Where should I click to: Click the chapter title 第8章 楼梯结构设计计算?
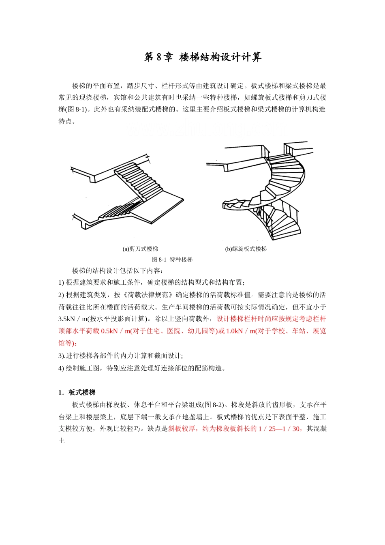point(203,57)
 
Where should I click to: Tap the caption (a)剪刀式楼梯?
point(140,249)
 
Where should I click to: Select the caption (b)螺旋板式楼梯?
point(246,249)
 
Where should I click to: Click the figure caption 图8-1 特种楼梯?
point(172,260)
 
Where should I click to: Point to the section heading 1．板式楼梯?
point(77,393)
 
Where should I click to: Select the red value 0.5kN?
point(109,331)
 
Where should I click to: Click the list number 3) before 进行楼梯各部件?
point(62,356)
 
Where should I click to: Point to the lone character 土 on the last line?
point(62,441)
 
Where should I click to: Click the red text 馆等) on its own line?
point(67,343)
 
